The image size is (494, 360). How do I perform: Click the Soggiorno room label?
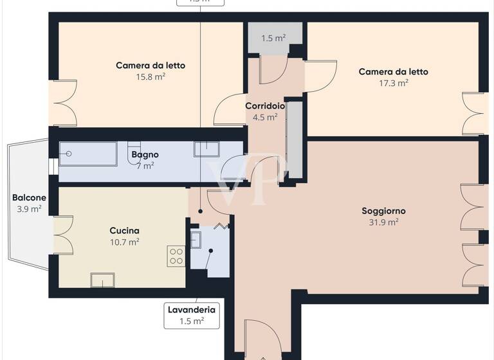pyautogui.click(x=383, y=211)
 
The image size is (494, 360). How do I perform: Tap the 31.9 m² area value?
pyautogui.click(x=383, y=222)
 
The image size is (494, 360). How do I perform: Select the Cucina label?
pyautogui.click(x=124, y=230)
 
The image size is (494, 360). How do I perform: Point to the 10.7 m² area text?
pyautogui.click(x=124, y=242)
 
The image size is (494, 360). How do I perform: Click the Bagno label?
pyautogui.click(x=145, y=155)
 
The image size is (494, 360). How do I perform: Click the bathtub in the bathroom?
pyautogui.click(x=88, y=154)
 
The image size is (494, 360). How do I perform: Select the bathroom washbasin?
pyautogui.click(x=206, y=149)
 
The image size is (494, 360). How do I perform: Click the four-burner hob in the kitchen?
pyautogui.click(x=176, y=256)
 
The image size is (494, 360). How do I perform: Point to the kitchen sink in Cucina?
pyautogui.click(x=102, y=280)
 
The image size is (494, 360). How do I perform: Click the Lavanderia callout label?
pyautogui.click(x=191, y=315)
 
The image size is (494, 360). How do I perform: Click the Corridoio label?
pyautogui.click(x=265, y=105)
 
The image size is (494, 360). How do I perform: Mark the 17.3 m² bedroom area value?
pyautogui.click(x=393, y=83)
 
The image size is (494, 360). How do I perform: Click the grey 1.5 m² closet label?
pyautogui.click(x=273, y=39)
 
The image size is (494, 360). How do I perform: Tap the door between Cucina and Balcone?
pyautogui.click(x=62, y=235)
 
